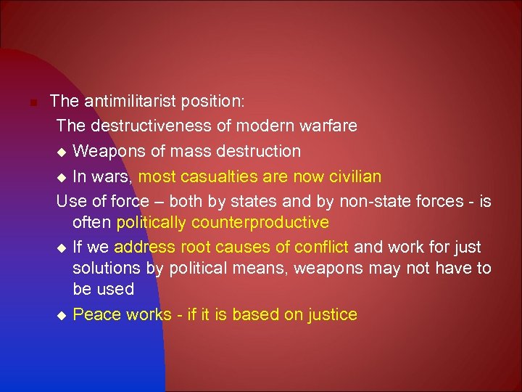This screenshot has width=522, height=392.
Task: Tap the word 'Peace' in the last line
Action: coord(96,314)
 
